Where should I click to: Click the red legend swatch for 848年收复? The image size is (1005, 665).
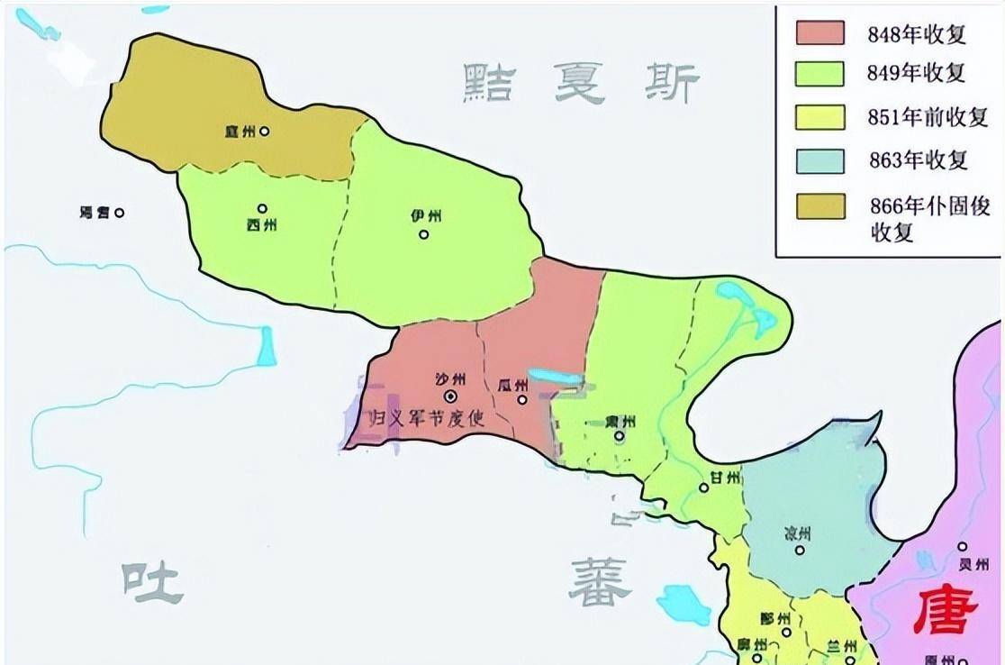(819, 33)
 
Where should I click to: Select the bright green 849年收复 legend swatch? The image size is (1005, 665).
(819, 73)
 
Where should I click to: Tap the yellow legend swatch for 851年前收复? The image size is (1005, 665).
(819, 116)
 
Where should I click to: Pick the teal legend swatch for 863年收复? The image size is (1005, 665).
(819, 160)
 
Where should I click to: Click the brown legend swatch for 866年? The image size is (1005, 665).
(819, 205)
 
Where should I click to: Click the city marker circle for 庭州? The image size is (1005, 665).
(264, 131)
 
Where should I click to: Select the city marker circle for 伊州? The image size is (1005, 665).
(423, 235)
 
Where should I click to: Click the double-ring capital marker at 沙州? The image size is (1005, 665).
(450, 396)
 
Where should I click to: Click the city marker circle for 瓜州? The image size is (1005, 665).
(522, 399)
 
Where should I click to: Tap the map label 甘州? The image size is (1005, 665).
(725, 476)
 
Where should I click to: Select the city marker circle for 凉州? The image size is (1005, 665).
(799, 550)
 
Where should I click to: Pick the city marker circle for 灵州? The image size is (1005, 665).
(962, 546)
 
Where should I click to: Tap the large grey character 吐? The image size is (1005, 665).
(154, 582)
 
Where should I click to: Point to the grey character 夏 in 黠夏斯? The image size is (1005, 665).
(579, 84)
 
